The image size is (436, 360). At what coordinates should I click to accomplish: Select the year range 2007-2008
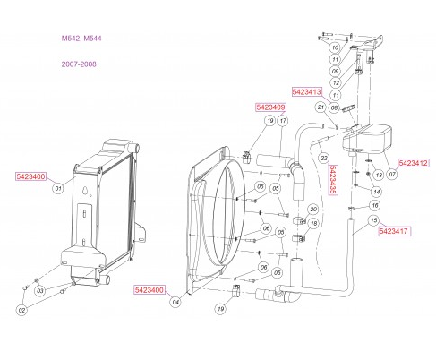pyautogui.click(x=76, y=64)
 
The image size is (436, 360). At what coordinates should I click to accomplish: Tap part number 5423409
pyautogui.click(x=270, y=107)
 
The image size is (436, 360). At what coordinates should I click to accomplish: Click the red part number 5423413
pyautogui.click(x=307, y=91)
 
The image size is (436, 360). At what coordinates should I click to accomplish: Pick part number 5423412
pyautogui.click(x=414, y=163)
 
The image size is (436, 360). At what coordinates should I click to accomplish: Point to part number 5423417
pyautogui.click(x=394, y=231)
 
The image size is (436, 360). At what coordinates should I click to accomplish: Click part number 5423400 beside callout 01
pyautogui.click(x=31, y=177)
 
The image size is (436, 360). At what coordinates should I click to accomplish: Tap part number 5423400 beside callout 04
pyautogui.click(x=150, y=290)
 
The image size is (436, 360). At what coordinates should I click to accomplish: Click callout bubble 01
pyautogui.click(x=58, y=189)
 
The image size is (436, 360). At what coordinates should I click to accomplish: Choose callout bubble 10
pyautogui.click(x=334, y=47)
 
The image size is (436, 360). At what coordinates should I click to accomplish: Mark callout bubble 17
pyautogui.click(x=281, y=121)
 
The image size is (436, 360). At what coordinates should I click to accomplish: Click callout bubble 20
pyautogui.click(x=313, y=209)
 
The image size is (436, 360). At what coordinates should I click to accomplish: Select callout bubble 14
pyautogui.click(x=375, y=192)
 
